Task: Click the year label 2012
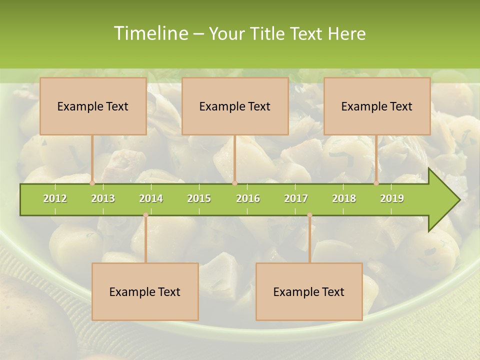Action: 55,198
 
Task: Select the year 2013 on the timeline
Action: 103,198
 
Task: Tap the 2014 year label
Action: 151,198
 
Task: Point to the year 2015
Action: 199,198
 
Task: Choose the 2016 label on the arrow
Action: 248,198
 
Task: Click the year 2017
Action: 296,198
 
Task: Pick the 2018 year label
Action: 344,198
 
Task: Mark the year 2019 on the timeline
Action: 392,198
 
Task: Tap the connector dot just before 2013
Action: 92,183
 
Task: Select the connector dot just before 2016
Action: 234,183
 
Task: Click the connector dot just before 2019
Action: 376,183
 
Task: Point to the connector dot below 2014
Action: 145,215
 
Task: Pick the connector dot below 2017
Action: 309,215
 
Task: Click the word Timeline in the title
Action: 150,33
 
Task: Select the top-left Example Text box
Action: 93,106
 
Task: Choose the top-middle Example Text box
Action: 235,106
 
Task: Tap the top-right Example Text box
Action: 377,106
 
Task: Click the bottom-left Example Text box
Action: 145,291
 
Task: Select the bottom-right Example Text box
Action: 309,291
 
